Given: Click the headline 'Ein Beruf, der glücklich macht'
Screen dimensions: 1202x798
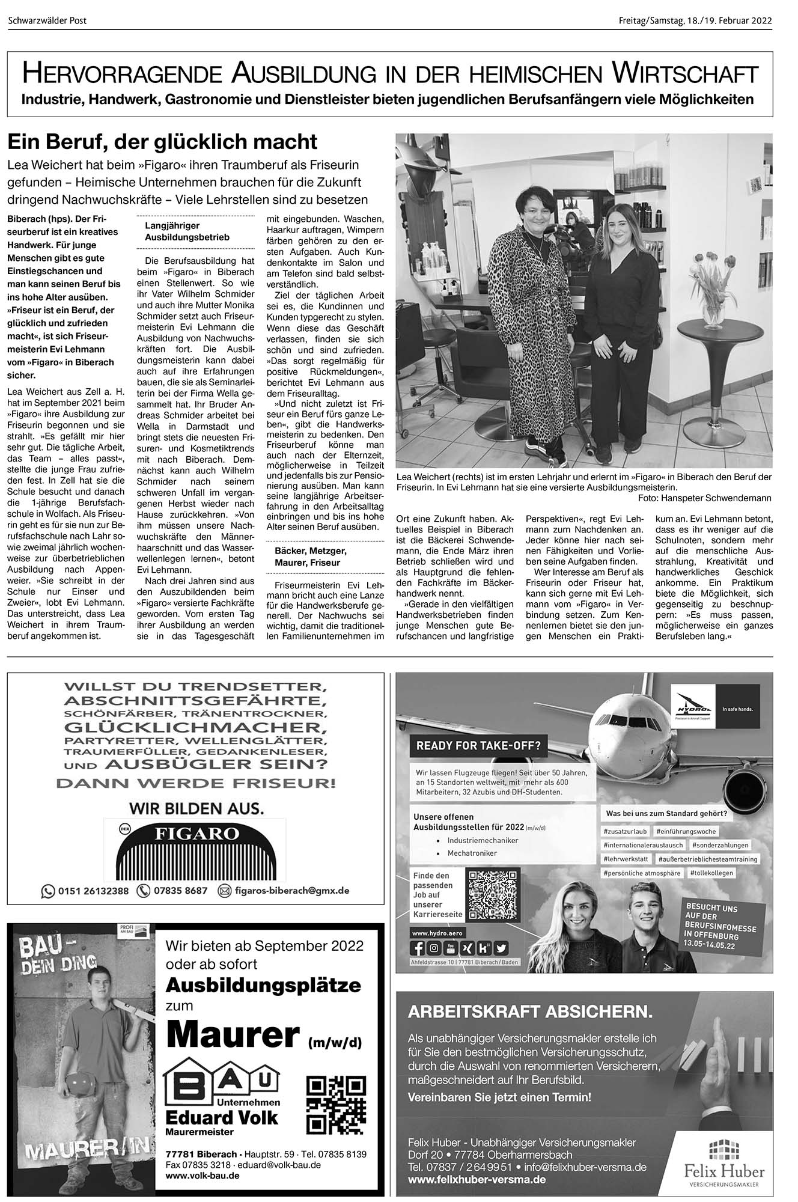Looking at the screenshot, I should pyautogui.click(x=162, y=142).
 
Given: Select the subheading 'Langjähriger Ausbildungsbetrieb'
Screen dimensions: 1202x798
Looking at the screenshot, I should pyautogui.click(x=187, y=232).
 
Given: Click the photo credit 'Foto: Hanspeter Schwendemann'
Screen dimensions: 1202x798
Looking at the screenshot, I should pyautogui.click(x=704, y=498).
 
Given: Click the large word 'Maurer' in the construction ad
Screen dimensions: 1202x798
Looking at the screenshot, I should pyautogui.click(x=233, y=1036).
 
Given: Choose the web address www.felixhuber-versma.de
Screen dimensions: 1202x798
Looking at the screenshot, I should pyautogui.click(x=477, y=1180).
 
